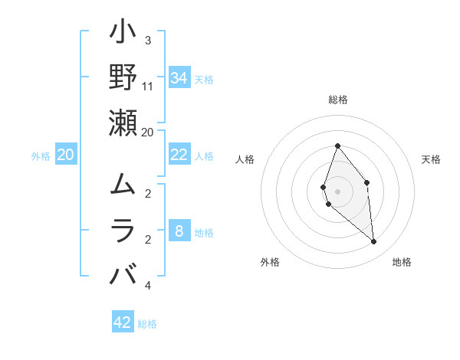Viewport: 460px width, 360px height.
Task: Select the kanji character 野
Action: coord(123,77)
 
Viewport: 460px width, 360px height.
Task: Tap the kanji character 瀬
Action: coord(123,123)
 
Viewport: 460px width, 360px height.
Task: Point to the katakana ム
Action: coord(123,185)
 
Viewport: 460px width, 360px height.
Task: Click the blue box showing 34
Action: coord(179,78)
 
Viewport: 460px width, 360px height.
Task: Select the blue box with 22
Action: coord(179,155)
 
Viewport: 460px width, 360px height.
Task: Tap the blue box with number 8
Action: coord(179,231)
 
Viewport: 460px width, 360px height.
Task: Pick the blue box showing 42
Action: coord(123,322)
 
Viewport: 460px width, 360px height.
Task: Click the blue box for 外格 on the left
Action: coord(65,155)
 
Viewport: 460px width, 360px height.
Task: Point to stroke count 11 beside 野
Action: coord(148,86)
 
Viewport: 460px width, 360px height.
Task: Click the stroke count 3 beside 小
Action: coord(147,40)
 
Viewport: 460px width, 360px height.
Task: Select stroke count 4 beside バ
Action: coord(147,285)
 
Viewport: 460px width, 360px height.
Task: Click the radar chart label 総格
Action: coord(337,100)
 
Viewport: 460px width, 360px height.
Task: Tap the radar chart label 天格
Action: coord(432,159)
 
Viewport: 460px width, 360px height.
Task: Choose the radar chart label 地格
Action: coord(402,262)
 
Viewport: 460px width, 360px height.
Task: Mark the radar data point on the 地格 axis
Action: coord(374,242)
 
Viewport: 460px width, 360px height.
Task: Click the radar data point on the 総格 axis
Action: coord(337,146)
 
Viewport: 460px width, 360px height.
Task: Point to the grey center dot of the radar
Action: coord(337,191)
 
